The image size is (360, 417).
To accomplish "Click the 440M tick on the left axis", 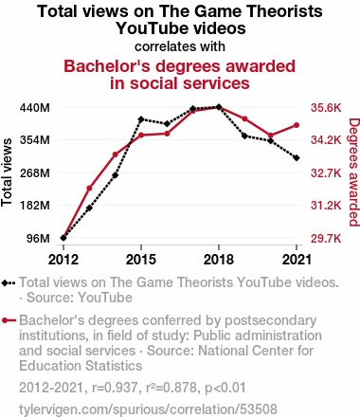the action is (35, 108).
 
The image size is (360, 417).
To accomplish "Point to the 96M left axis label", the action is (38, 238).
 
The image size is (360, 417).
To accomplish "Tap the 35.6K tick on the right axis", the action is (326, 108).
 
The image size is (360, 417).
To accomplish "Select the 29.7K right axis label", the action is (326, 238).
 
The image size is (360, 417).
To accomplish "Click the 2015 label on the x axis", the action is (141, 260).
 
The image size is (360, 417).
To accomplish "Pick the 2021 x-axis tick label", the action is (297, 260).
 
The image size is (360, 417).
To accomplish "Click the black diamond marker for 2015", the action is (141, 119).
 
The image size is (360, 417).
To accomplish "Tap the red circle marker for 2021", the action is (297, 125).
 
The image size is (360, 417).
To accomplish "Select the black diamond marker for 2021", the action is (297, 158).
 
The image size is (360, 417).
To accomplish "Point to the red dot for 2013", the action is (89, 189).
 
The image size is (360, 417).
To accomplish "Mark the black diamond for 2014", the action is (116, 175).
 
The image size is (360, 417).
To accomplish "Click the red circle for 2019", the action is (244, 118).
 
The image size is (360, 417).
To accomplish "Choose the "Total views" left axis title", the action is (7, 172).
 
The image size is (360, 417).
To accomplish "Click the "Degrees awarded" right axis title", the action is (354, 172).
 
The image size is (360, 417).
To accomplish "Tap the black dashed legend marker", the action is (9, 282).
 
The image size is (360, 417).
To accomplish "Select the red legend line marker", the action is (9, 320).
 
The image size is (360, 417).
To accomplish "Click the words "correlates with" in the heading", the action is (180, 46).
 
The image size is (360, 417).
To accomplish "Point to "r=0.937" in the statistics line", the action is (115, 388).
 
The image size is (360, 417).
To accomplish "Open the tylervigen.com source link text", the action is (148, 409).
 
